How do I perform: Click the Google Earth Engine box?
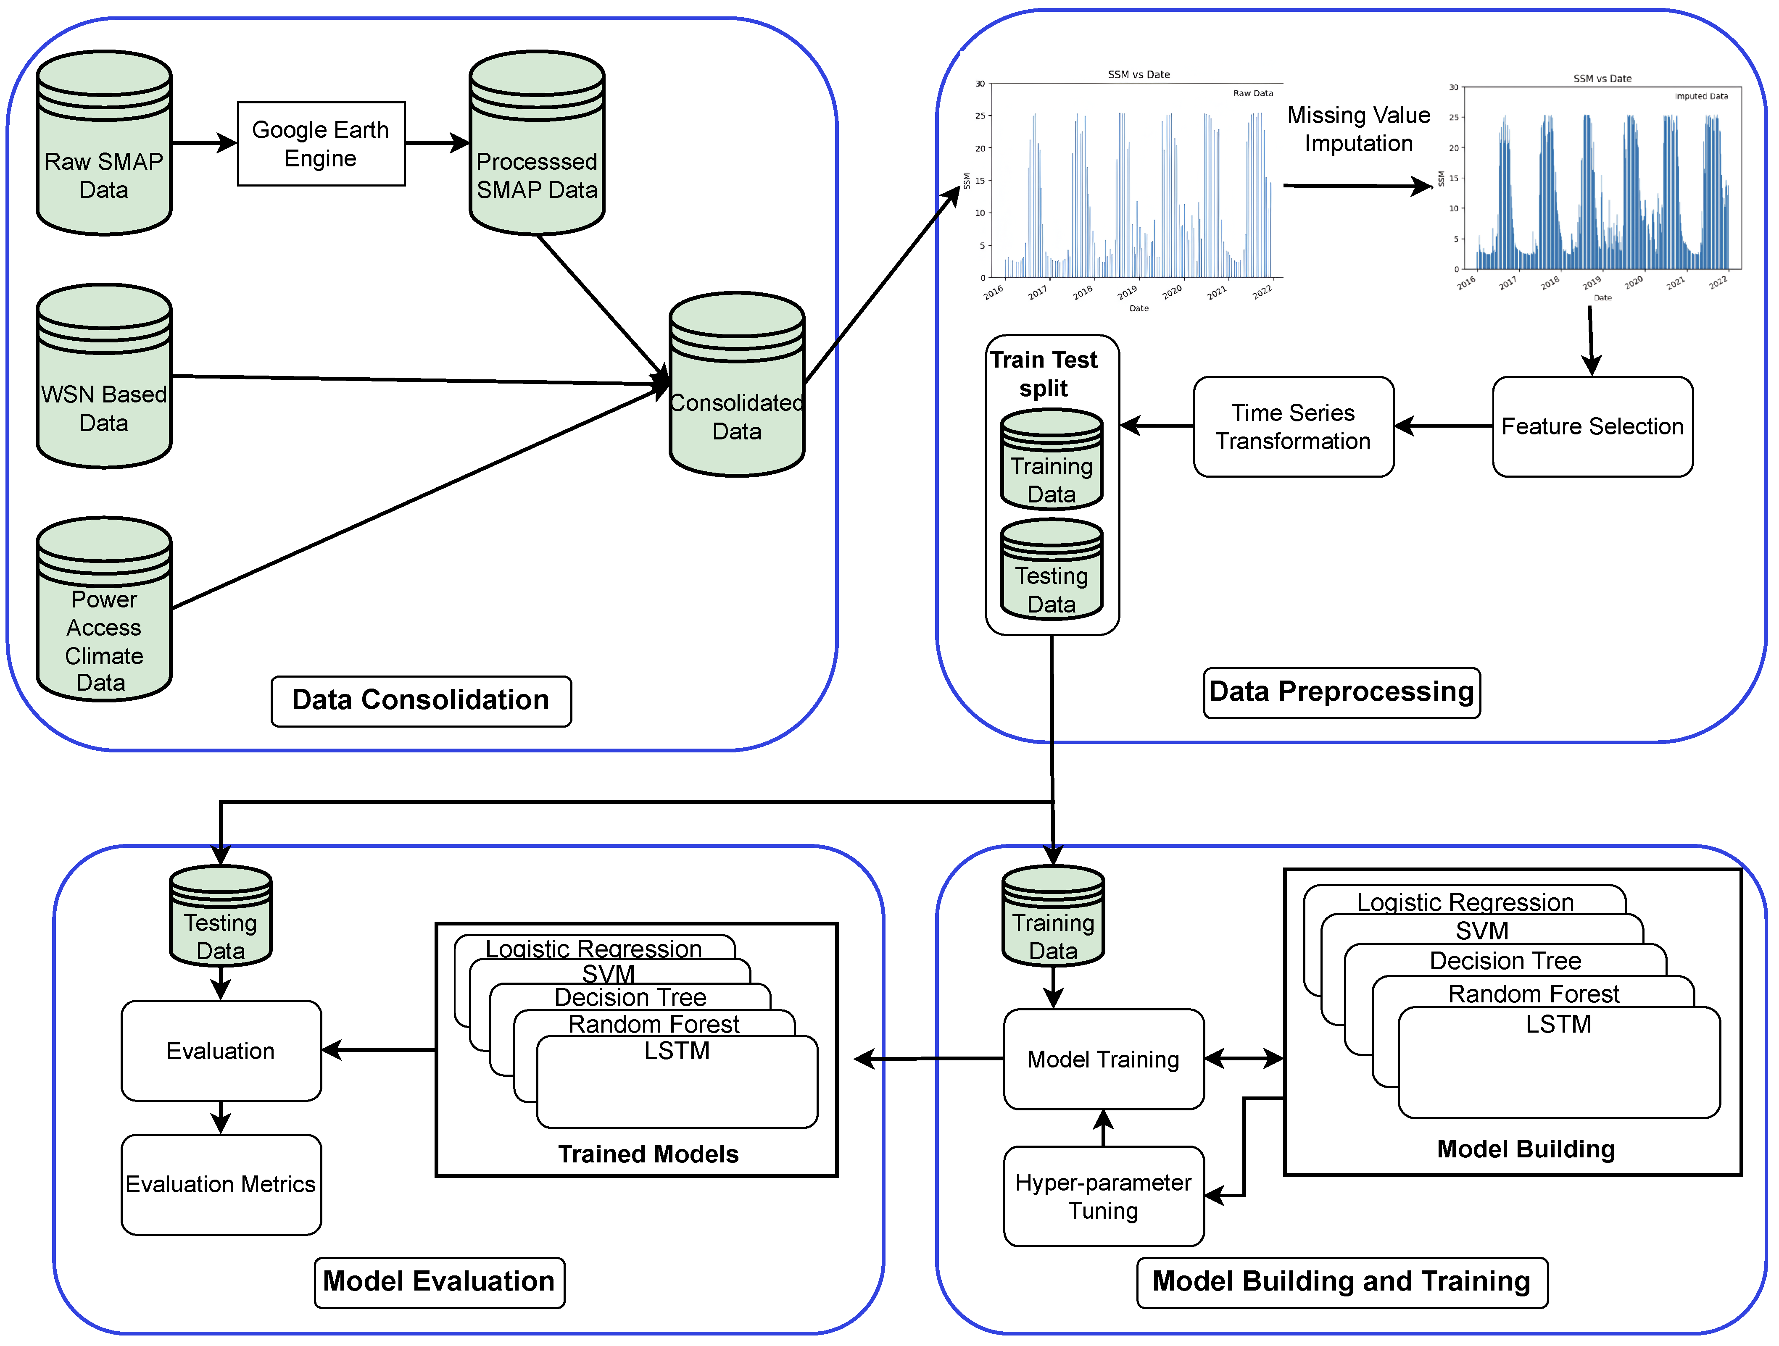click(x=321, y=144)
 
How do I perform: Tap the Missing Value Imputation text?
click(x=1358, y=129)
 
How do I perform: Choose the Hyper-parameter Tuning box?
click(x=1104, y=1196)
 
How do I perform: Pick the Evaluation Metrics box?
click(x=221, y=1184)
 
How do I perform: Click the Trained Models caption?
click(x=648, y=1154)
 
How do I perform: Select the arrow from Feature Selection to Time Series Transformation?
click(x=1444, y=426)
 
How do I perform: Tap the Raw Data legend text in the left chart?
click(x=1252, y=93)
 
